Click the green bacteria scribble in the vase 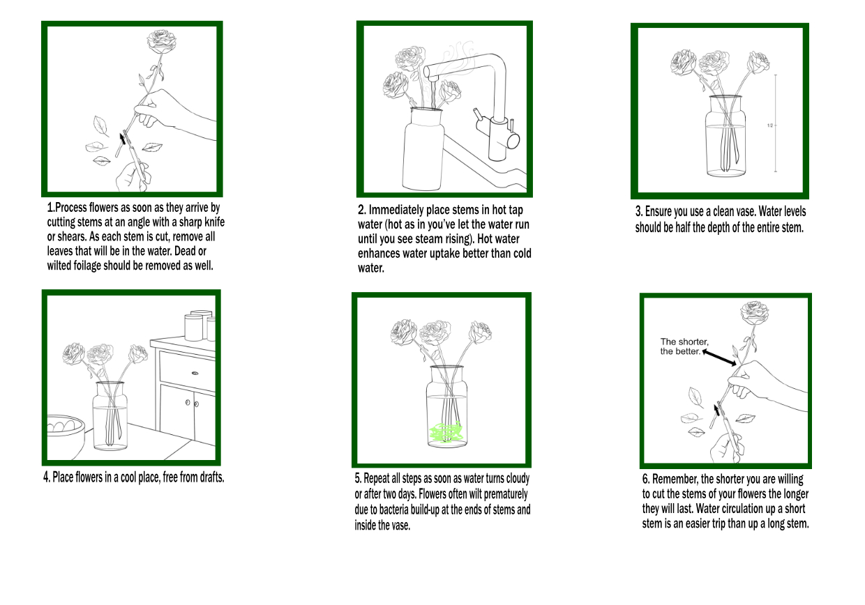446,432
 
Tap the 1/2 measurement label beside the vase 770,125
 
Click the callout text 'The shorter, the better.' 684,346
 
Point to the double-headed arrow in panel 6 719,358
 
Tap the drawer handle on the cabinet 195,373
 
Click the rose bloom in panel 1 161,42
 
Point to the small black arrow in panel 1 123,138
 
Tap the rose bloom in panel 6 754,314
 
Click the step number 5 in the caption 358,478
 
